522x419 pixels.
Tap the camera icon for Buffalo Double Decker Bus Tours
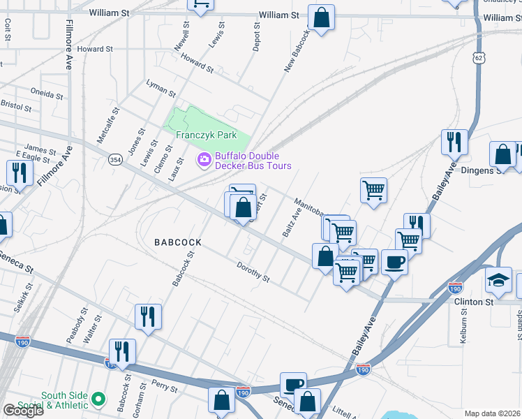click(204, 160)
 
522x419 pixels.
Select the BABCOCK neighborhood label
click(178, 242)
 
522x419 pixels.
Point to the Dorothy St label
click(253, 272)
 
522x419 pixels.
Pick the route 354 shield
click(115, 160)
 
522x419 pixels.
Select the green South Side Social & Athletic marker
click(98, 399)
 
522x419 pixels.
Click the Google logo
click(22, 411)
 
